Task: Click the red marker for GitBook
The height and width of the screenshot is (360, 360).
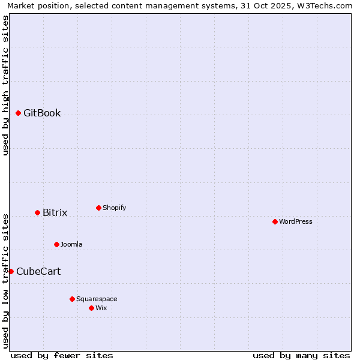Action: pyautogui.click(x=19, y=113)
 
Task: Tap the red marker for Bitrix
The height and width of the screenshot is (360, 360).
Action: pyautogui.click(x=37, y=212)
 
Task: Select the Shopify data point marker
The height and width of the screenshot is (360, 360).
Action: pyautogui.click(x=98, y=208)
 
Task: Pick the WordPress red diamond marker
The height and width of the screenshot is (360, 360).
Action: pyautogui.click(x=275, y=221)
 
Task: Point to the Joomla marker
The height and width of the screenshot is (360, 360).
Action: pyautogui.click(x=56, y=244)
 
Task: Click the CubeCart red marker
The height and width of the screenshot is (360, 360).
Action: pyautogui.click(x=11, y=271)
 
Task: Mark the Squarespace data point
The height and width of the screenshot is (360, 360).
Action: pyautogui.click(x=72, y=299)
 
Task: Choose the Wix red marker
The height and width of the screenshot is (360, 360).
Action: pyautogui.click(x=91, y=308)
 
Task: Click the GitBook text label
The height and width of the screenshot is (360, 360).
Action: pyautogui.click(x=42, y=113)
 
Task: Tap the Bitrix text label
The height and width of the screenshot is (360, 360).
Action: pyautogui.click(x=55, y=212)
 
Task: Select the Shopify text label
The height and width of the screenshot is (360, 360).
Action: pyautogui.click(x=114, y=208)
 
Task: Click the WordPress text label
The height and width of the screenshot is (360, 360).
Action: pyautogui.click(x=296, y=221)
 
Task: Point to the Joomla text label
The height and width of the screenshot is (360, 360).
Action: pyautogui.click(x=71, y=244)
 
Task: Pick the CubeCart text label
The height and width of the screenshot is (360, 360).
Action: pyautogui.click(x=38, y=271)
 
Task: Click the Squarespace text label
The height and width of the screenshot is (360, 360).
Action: pyautogui.click(x=97, y=299)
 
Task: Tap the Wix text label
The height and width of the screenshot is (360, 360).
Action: pyautogui.click(x=101, y=308)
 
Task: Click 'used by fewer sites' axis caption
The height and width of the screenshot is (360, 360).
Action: pyautogui.click(x=62, y=355)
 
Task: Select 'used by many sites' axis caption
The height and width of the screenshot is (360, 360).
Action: pyautogui.click(x=301, y=355)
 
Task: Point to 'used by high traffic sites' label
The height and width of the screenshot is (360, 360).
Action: pyautogui.click(x=6, y=85)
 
